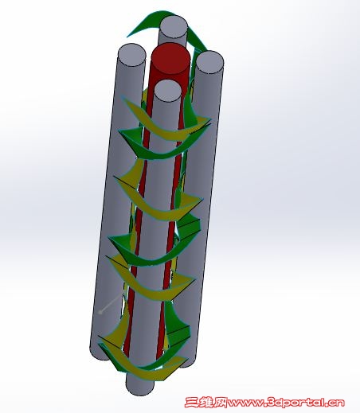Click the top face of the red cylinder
tap(171, 58)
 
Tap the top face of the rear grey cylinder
tap(174, 27)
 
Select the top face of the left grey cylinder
tap(131, 56)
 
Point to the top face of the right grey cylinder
tap(209, 63)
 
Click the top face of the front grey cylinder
tap(167, 91)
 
